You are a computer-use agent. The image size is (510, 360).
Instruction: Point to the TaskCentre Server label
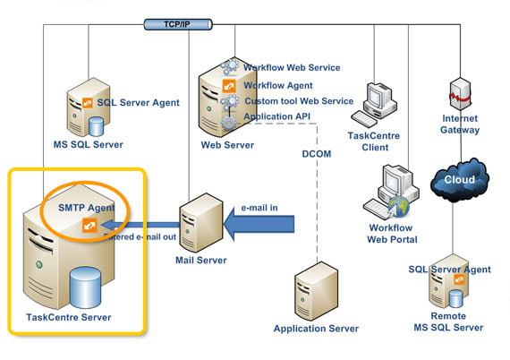tap(71, 319)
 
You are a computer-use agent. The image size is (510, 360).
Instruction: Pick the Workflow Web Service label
tap(292, 68)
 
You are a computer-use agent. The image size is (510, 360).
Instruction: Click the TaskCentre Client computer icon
tap(374, 106)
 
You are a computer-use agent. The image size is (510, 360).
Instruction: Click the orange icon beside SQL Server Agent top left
tap(88, 102)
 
